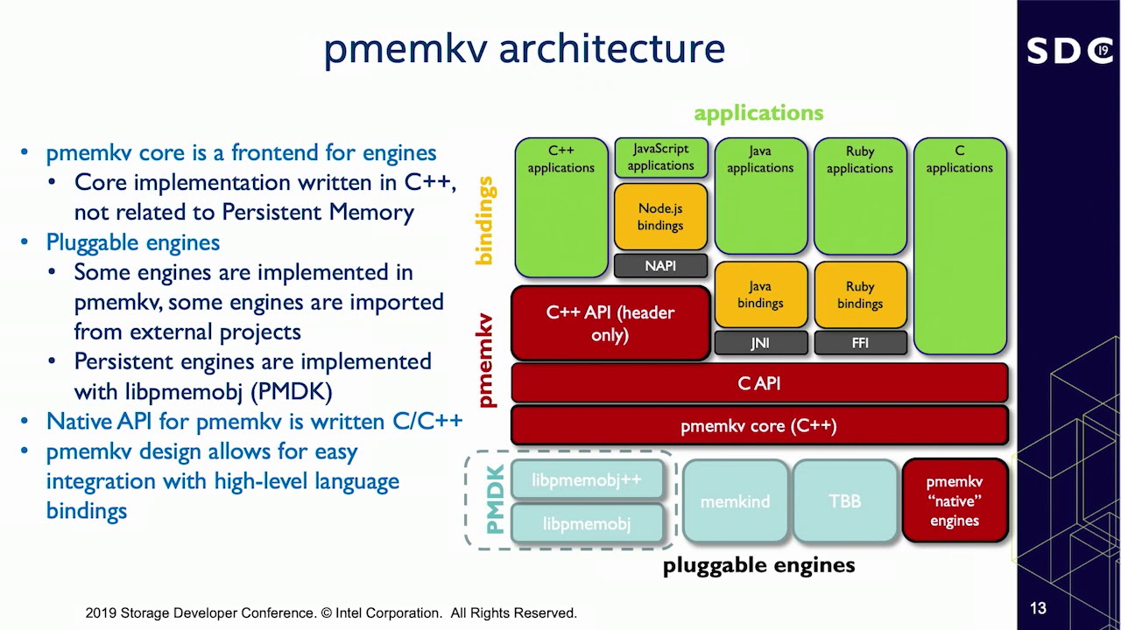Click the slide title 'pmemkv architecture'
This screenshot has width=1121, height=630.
pyautogui.click(x=524, y=49)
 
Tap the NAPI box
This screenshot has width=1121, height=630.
pyautogui.click(x=660, y=266)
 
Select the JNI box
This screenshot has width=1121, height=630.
pyautogui.click(x=759, y=343)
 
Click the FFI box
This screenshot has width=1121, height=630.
pyautogui.click(x=859, y=343)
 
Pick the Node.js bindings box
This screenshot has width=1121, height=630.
pyautogui.click(x=660, y=217)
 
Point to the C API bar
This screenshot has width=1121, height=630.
pyautogui.click(x=759, y=383)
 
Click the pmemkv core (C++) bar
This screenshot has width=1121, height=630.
pyautogui.click(x=759, y=426)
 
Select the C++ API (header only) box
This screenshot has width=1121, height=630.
pyautogui.click(x=610, y=324)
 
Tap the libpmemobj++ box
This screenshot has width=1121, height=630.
pyautogui.click(x=587, y=480)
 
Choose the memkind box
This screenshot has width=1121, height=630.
pyautogui.click(x=735, y=501)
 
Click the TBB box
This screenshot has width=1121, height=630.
pyautogui.click(x=845, y=501)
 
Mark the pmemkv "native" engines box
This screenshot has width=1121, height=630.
pyautogui.click(x=955, y=501)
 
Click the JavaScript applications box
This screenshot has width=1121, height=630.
pyautogui.click(x=660, y=157)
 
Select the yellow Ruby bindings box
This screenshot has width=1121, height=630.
pyautogui.click(x=859, y=295)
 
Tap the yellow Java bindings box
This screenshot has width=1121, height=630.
pyautogui.click(x=759, y=295)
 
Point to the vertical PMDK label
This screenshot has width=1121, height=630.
pyautogui.click(x=495, y=500)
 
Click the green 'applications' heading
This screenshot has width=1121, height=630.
pyautogui.click(x=758, y=113)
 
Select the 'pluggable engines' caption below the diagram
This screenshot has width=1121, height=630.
pyautogui.click(x=758, y=565)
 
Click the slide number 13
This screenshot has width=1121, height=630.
pyautogui.click(x=1038, y=608)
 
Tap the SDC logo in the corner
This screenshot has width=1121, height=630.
pyautogui.click(x=1069, y=51)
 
